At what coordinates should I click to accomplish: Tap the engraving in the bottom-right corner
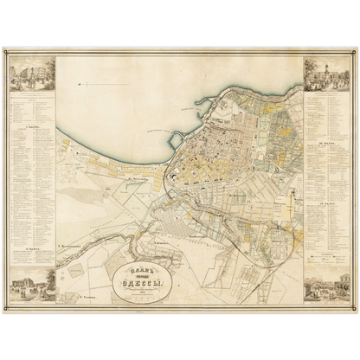(326, 286)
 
